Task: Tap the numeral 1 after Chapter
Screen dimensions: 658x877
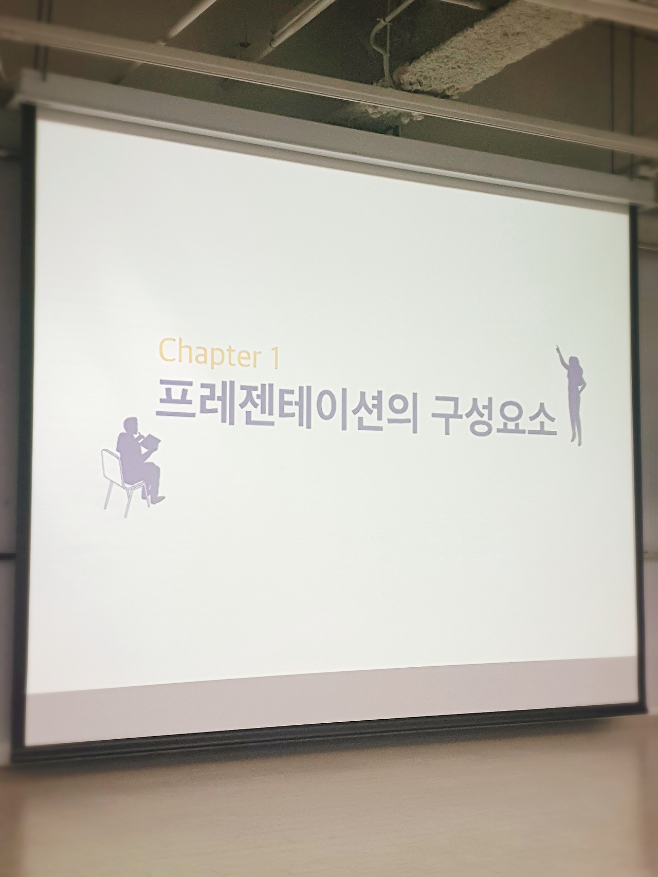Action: tap(275, 357)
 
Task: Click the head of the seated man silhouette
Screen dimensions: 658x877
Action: tap(130, 426)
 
